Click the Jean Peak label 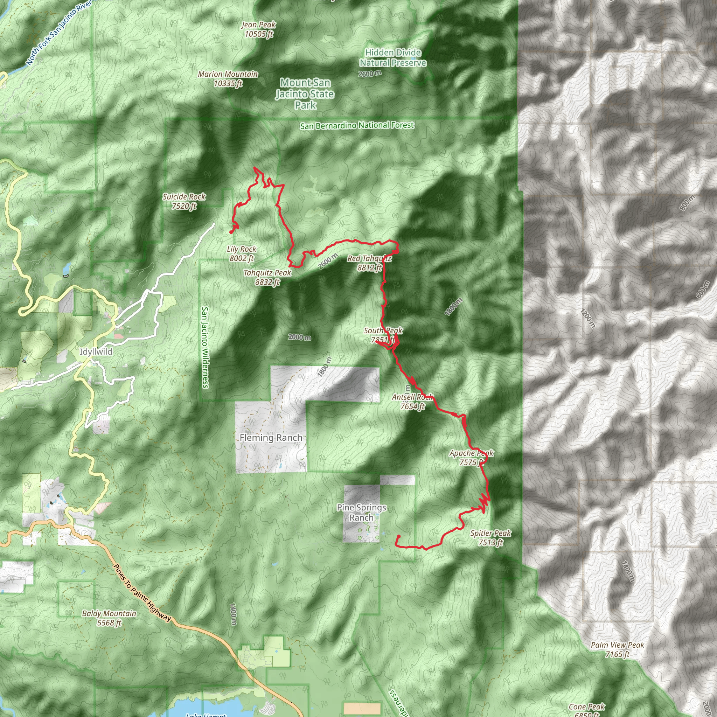click(259, 29)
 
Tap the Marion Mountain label click(228, 79)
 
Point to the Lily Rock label click(242, 253)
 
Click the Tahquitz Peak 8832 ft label click(267, 277)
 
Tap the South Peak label click(383, 335)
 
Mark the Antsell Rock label click(412, 402)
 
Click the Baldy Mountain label click(109, 618)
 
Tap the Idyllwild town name click(96, 351)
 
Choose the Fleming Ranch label click(271, 438)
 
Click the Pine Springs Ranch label click(361, 513)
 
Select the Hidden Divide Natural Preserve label click(393, 57)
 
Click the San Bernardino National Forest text click(357, 126)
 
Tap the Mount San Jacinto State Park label click(305, 94)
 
